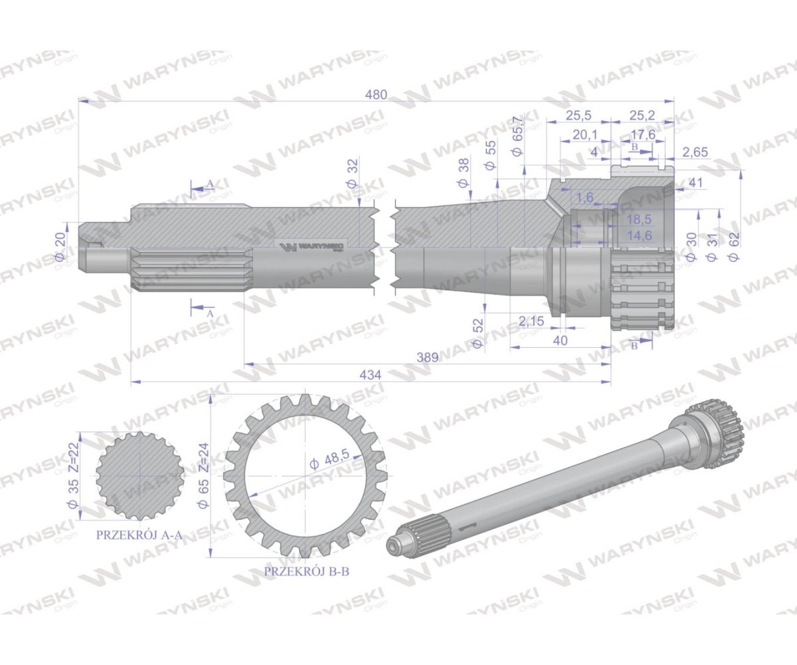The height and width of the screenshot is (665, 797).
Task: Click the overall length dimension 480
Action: point(376,94)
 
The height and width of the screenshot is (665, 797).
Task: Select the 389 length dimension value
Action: point(428,357)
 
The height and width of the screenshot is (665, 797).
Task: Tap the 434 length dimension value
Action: point(371,375)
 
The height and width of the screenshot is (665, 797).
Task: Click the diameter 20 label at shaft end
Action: point(58,247)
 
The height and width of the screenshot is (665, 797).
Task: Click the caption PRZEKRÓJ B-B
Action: point(306,571)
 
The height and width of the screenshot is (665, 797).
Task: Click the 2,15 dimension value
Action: point(531,321)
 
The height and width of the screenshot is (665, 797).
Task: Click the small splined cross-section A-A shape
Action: point(139,475)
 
